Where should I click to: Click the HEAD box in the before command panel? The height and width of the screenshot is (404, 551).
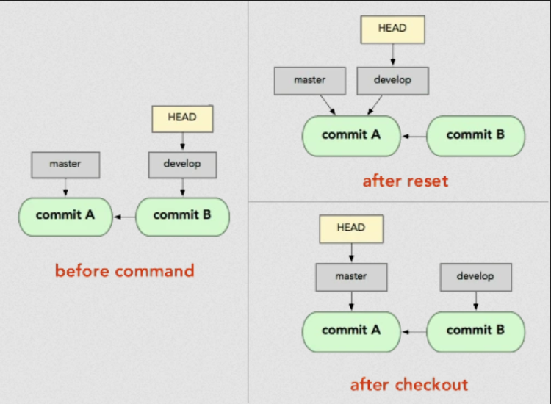pos(182,119)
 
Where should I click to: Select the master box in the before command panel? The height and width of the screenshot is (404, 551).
pos(65,165)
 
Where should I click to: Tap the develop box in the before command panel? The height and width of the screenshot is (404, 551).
pos(182,165)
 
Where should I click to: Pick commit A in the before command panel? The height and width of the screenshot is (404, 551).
pos(65,217)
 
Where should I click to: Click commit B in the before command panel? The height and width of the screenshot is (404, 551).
pos(182,217)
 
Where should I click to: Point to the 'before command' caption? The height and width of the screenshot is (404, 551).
pos(125,271)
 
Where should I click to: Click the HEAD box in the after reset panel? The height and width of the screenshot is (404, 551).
pos(392,29)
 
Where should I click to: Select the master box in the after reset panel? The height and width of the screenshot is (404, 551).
pos(310,81)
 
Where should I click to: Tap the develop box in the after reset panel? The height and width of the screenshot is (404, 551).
pos(393,81)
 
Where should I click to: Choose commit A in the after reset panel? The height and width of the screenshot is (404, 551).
pos(351,136)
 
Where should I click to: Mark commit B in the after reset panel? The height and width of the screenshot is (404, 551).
pos(476,136)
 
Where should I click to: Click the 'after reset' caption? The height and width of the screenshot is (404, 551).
pos(406,181)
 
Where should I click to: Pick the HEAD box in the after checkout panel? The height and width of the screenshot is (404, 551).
pos(351,229)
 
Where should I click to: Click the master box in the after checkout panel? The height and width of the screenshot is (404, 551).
pos(351,277)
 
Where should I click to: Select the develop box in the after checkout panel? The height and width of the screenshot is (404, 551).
pos(476,277)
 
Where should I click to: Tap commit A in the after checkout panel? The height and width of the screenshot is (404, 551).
pos(351,331)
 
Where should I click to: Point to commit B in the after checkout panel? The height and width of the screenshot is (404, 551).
pos(476,331)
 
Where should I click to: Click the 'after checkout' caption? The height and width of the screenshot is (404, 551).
pos(409,385)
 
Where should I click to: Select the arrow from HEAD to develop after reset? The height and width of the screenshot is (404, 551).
pos(393,55)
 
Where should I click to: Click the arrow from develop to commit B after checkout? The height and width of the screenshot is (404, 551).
pos(476,300)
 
